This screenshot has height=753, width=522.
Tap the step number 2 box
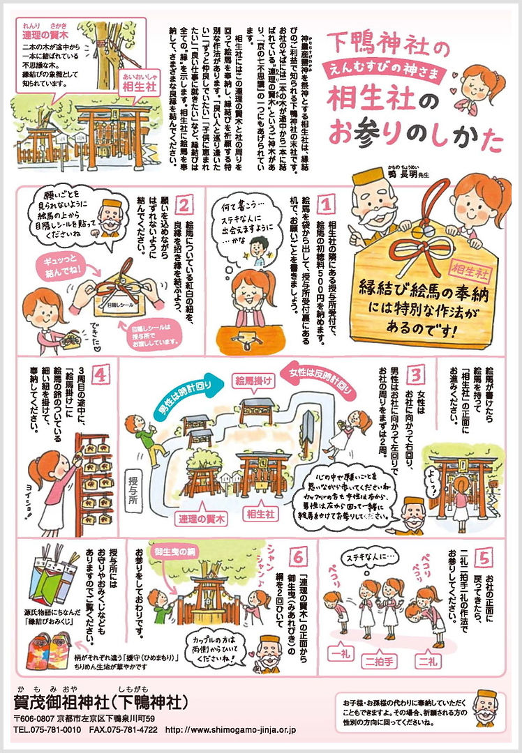[x=184, y=205]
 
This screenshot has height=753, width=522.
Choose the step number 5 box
[x=485, y=557]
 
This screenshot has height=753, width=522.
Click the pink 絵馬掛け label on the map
[x=252, y=381]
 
